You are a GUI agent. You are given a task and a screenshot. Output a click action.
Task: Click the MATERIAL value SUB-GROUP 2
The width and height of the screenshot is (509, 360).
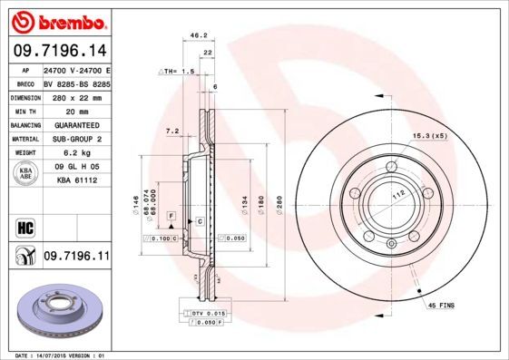point(73,139)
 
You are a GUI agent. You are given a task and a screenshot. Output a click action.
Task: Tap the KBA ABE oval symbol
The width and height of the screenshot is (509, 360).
point(26,174)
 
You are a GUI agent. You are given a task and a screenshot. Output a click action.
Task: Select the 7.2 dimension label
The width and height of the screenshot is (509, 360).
point(172,131)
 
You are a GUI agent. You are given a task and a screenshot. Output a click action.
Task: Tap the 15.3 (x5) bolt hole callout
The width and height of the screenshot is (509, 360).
point(430,135)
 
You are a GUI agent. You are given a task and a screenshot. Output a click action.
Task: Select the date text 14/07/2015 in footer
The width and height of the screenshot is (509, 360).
point(58,355)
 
